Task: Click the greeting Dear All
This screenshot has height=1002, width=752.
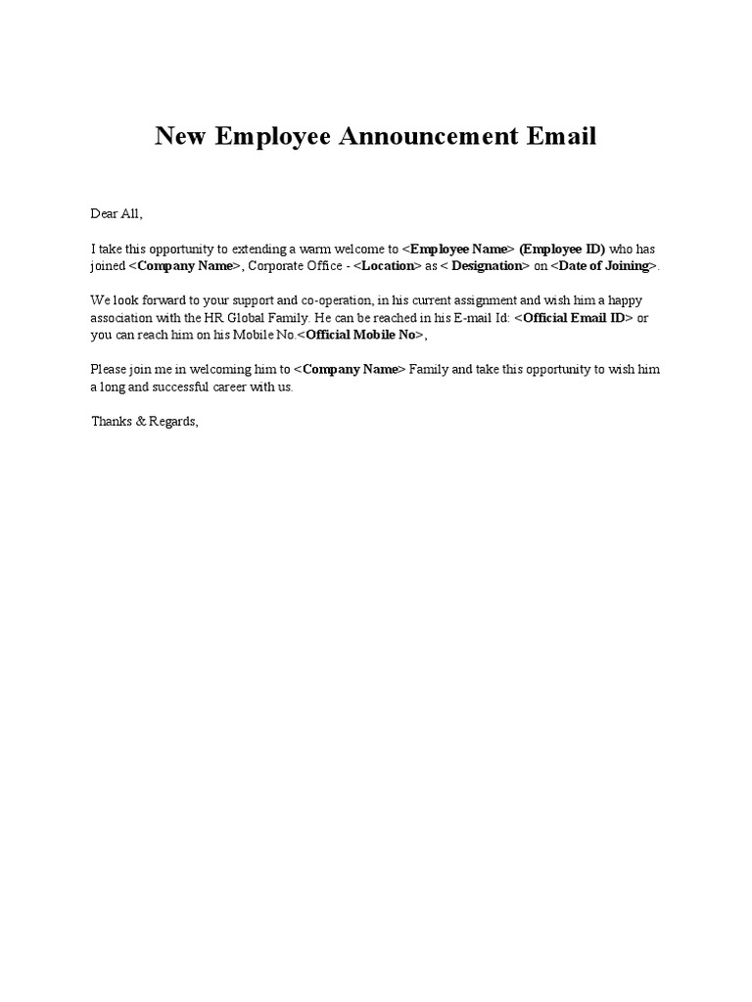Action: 117,213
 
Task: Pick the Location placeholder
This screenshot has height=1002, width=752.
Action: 387,266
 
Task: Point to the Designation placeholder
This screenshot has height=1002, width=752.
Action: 486,266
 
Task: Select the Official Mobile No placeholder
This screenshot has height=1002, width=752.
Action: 364,335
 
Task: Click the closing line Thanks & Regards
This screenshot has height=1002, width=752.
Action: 145,422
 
